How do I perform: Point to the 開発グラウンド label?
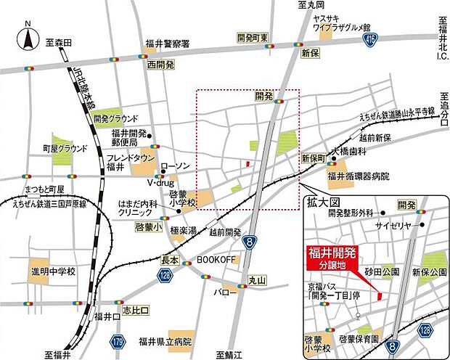115,118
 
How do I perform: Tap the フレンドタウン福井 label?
130,163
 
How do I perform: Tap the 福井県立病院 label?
167,341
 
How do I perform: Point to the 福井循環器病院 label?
358,176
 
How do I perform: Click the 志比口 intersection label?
136,310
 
